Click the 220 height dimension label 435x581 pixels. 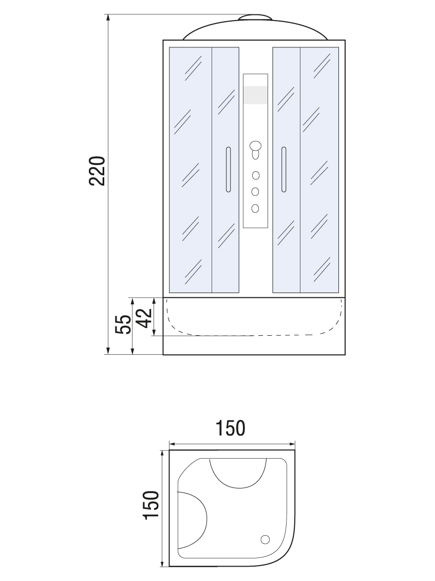[98, 171]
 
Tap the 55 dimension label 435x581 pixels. [123, 324]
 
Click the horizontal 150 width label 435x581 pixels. [230, 428]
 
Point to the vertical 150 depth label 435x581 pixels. [151, 505]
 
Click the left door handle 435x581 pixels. [228, 169]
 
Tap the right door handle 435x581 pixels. [283, 169]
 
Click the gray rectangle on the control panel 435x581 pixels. [255, 95]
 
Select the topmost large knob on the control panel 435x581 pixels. [255, 146]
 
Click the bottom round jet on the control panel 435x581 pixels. [255, 208]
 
